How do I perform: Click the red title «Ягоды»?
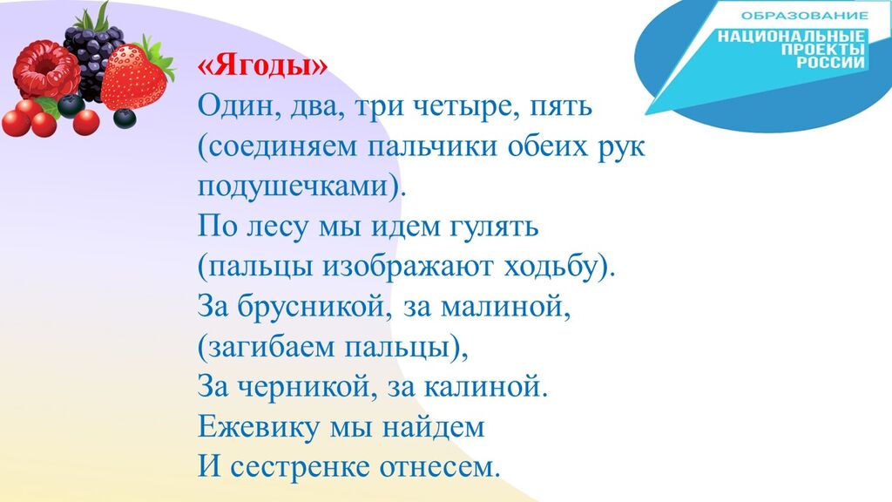coord(262,66)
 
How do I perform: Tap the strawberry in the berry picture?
coord(134,78)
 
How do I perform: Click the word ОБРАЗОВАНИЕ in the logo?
coord(804,16)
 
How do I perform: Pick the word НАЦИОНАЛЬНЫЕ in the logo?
coord(791,37)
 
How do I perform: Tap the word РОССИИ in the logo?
coord(830,62)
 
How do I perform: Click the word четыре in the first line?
coord(465,107)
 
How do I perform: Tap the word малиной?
coord(506,307)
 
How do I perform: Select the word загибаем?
coord(271,347)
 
